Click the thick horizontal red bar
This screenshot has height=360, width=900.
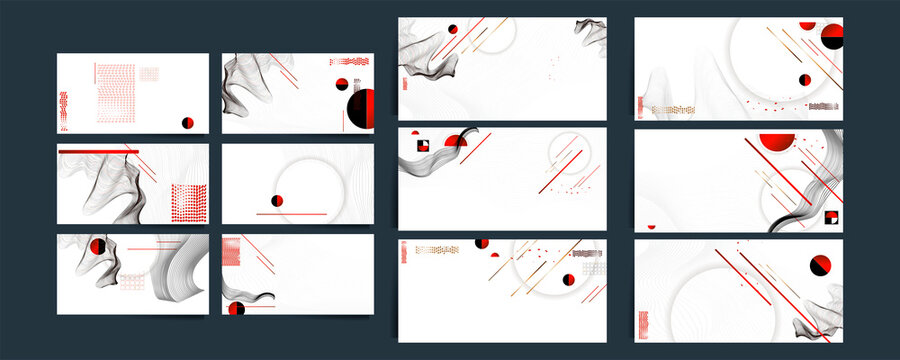pyautogui.click(x=98, y=151)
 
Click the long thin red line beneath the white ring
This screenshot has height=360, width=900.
pyautogui.click(x=292, y=214)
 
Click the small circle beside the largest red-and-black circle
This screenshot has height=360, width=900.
pyautogui.click(x=341, y=84)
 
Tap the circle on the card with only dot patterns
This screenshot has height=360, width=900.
pyautogui.click(x=187, y=122)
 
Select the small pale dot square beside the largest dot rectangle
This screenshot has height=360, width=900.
pyautogui.click(x=149, y=73)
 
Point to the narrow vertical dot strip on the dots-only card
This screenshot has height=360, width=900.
pyautogui.click(x=64, y=110)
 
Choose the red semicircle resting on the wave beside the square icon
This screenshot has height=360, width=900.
pyautogui.click(x=456, y=141)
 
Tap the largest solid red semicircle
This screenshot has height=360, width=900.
pyautogui.click(x=777, y=141)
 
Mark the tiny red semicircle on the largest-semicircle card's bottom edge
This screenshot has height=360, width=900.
pyautogui.click(x=652, y=226)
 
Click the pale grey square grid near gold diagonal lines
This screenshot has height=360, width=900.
pyautogui.click(x=594, y=267)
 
